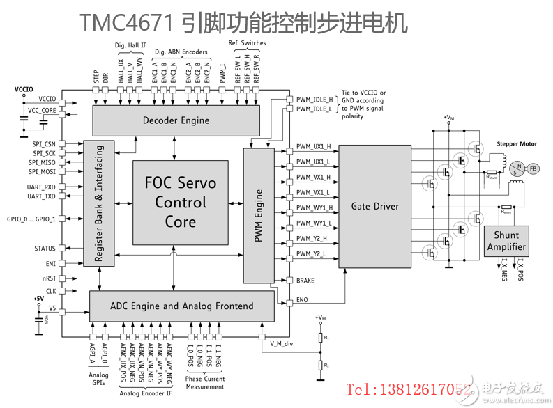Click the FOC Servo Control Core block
pos(180,203)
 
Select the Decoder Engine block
pos(176,120)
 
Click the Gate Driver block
pos(374,206)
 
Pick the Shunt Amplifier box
pos(506,242)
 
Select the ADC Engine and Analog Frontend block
pos(181,306)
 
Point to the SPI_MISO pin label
pos(42,162)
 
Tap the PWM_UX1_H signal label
pos(313,147)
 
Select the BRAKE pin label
pos(305,281)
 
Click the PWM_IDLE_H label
pos(314,100)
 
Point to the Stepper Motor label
pos(517,143)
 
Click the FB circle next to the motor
pos(533,168)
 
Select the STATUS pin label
pos(45,249)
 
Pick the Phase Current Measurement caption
pos(205,382)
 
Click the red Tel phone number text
pos(410,389)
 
